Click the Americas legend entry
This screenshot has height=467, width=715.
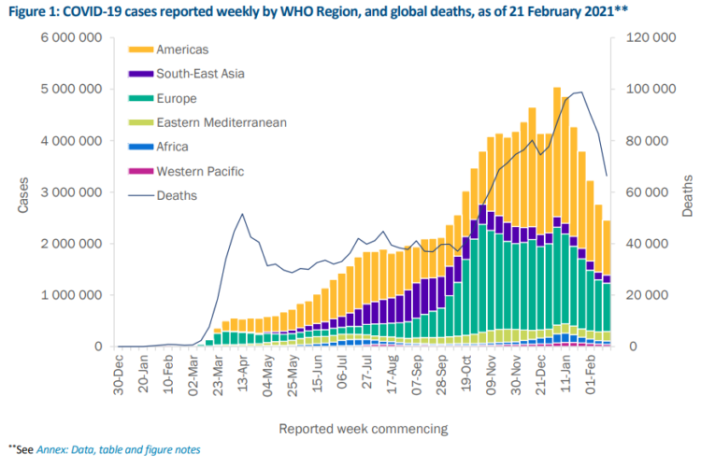pyautogui.click(x=183, y=50)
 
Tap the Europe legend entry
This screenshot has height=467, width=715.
pyautogui.click(x=177, y=98)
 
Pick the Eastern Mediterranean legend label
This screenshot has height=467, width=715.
pyautogui.click(x=222, y=122)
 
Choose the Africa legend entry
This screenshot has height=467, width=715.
pyautogui.click(x=173, y=147)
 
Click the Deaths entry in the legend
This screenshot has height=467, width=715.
pyautogui.click(x=177, y=195)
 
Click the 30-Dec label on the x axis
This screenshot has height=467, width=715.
pyautogui.click(x=119, y=375)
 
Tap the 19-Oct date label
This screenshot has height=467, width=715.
pyautogui.click(x=465, y=375)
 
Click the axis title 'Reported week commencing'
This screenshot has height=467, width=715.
pyautogui.click(x=363, y=429)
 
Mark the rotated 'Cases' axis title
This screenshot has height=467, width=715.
pyautogui.click(x=22, y=192)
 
